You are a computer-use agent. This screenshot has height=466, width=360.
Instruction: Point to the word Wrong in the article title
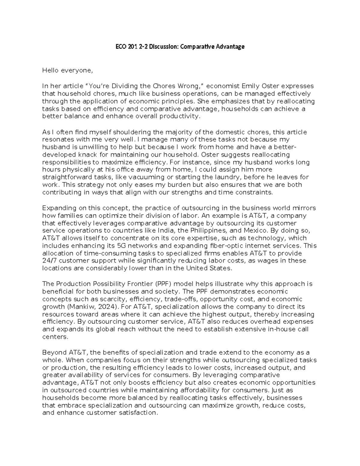click(x=188, y=86)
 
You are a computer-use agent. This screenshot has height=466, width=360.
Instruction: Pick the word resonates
click(x=55, y=140)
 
